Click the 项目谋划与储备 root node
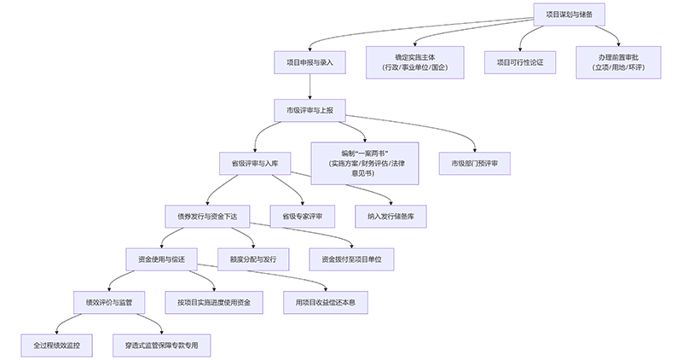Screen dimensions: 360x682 pos(569,15)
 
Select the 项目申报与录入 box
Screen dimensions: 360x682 pos(309,62)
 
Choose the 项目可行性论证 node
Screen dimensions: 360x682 pos(520,62)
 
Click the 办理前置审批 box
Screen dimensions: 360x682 pos(618,62)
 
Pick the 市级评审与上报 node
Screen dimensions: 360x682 pos(309,110)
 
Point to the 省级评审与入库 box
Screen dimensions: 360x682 pos(255,162)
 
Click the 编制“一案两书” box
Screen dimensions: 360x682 pos(365,162)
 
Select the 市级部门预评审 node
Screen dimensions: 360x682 pos(475,162)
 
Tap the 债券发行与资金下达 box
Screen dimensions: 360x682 pos(207,216)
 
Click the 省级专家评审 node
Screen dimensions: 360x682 pos(302,216)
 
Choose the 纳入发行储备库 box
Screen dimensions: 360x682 pos(391,216)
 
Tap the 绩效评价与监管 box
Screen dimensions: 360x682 pos(109,302)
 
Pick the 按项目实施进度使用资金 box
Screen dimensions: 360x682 pos(214,302)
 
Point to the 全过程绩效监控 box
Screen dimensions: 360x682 pos(57,345)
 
